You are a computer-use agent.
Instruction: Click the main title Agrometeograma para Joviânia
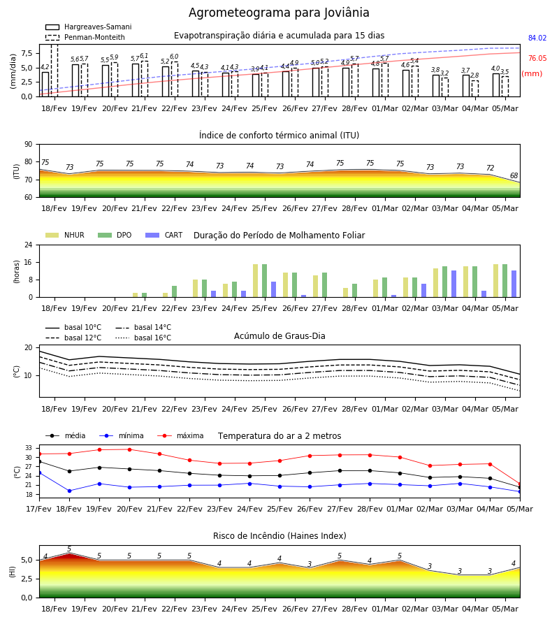click(x=279, y=13)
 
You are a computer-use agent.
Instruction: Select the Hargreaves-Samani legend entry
click(x=89, y=27)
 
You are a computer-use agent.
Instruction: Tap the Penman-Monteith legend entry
click(x=85, y=37)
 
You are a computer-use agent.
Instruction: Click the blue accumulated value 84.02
click(x=537, y=38)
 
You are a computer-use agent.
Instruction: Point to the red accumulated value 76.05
click(x=537, y=58)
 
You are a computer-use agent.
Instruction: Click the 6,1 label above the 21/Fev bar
click(x=144, y=56)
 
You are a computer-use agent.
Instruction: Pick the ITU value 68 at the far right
click(x=514, y=175)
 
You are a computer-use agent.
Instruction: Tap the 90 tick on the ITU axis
click(x=29, y=145)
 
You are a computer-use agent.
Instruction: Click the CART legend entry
click(x=164, y=235)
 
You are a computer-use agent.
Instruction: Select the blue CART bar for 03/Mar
click(x=454, y=284)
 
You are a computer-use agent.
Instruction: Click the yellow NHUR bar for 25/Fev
click(x=256, y=281)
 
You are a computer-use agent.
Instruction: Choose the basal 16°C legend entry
click(x=143, y=338)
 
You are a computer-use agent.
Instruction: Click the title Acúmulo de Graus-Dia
click(x=279, y=335)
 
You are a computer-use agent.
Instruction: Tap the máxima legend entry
click(x=180, y=435)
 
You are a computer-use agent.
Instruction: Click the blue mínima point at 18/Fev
click(x=69, y=491)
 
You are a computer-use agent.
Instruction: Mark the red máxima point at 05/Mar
click(x=520, y=484)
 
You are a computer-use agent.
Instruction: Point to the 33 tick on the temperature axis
click(x=29, y=448)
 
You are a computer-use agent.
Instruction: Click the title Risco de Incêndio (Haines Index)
click(x=279, y=536)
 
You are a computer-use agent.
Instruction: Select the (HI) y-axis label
click(x=12, y=572)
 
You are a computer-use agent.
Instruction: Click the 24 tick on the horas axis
click(x=29, y=245)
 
